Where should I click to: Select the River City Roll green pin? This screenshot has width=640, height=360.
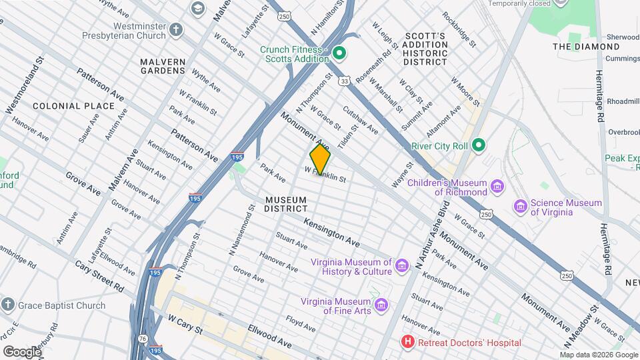coord(478,145)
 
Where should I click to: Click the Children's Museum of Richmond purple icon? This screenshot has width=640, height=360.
coord(497,186)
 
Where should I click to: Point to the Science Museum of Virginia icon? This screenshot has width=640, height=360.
coord(519,207)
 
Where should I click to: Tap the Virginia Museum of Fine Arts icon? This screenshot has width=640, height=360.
coord(381,306)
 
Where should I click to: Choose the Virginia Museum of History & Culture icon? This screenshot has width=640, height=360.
coord(401,267)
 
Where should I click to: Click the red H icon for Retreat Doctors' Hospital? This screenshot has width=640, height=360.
coord(407,343)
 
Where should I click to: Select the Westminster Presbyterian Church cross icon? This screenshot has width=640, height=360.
coord(175,29)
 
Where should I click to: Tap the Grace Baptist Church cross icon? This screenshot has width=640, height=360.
coord(8,305)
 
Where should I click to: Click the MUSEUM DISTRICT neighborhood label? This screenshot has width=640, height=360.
coord(285,204)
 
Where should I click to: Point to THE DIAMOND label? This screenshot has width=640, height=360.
coord(586,47)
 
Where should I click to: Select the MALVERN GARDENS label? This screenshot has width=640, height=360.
coord(162,65)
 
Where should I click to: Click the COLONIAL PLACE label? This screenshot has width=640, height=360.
coord(73,106)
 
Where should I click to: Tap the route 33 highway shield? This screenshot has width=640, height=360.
coord(343,81)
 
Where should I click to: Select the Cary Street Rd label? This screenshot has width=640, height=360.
coord(100,275)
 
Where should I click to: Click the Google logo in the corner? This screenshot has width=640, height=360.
coord(22,351)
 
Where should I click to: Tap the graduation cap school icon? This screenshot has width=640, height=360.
coord(197,8)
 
